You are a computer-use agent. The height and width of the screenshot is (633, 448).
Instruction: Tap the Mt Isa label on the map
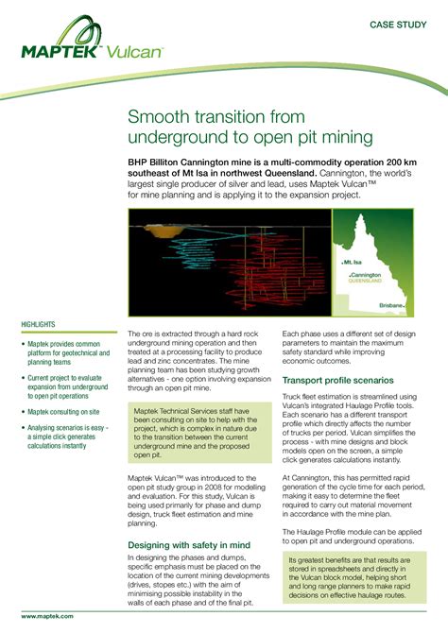(x=353, y=262)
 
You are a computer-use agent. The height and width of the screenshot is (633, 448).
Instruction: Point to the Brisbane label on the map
(x=389, y=306)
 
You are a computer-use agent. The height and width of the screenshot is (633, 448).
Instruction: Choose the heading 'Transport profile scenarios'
(x=339, y=380)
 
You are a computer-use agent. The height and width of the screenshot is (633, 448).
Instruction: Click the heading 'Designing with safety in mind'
(x=188, y=545)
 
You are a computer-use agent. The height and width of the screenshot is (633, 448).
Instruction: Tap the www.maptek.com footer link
(x=47, y=615)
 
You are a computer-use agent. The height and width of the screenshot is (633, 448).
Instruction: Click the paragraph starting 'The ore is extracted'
(x=198, y=360)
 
